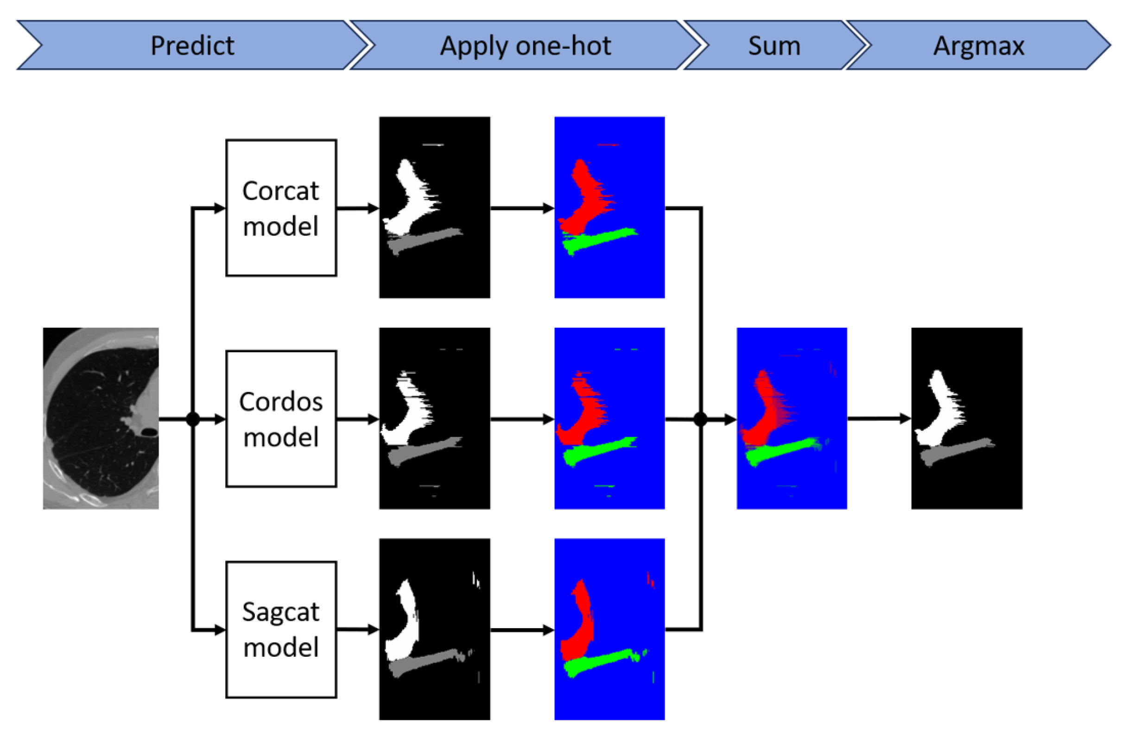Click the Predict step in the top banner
click(x=192, y=45)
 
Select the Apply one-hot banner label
click(x=525, y=45)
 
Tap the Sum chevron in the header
click(x=774, y=45)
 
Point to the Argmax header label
click(x=978, y=45)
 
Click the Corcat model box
click(x=281, y=207)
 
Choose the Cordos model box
click(x=281, y=418)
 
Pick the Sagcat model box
click(x=281, y=630)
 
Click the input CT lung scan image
click(x=101, y=418)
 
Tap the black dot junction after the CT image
click(x=193, y=419)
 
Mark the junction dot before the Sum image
click(x=701, y=419)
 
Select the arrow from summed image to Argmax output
click(x=879, y=418)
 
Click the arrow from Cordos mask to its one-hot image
click(x=521, y=419)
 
